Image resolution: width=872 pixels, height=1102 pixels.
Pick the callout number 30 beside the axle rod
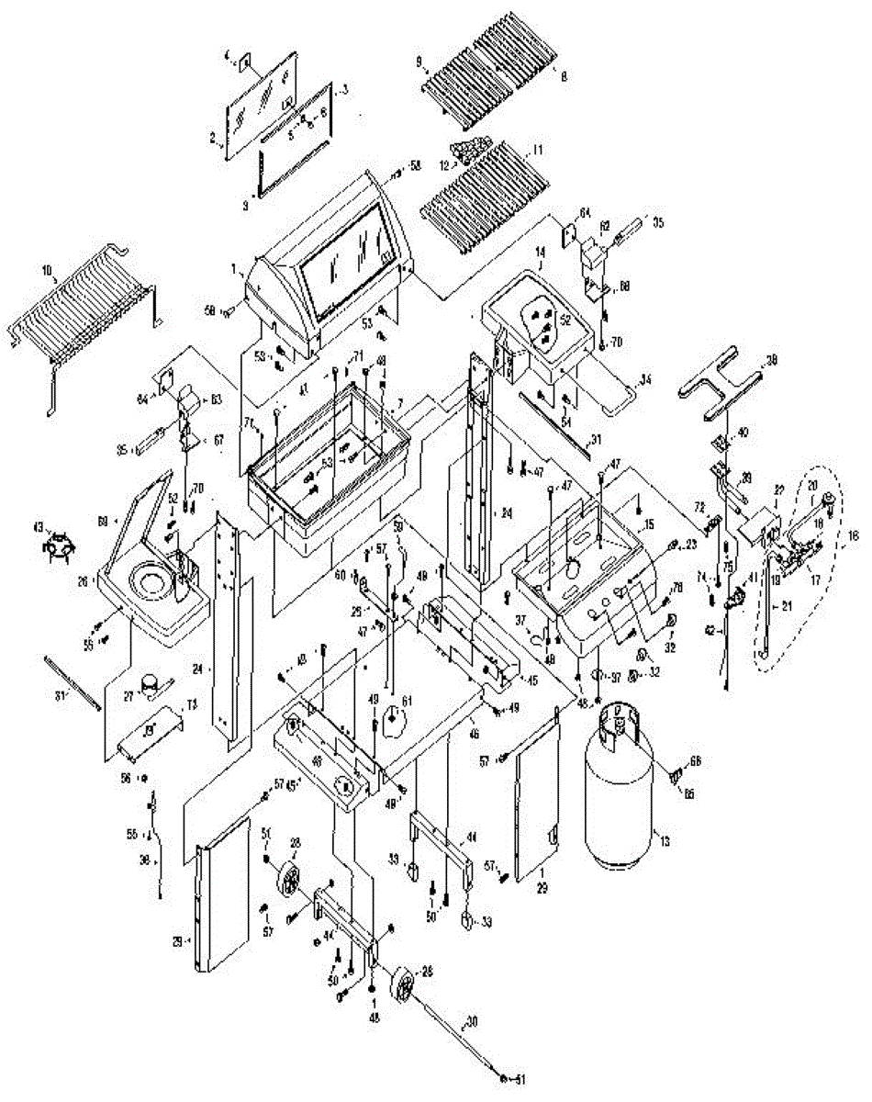(x=473, y=1019)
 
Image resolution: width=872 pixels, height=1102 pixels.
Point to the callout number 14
(x=540, y=263)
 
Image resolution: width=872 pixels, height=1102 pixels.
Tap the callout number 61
(x=407, y=703)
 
